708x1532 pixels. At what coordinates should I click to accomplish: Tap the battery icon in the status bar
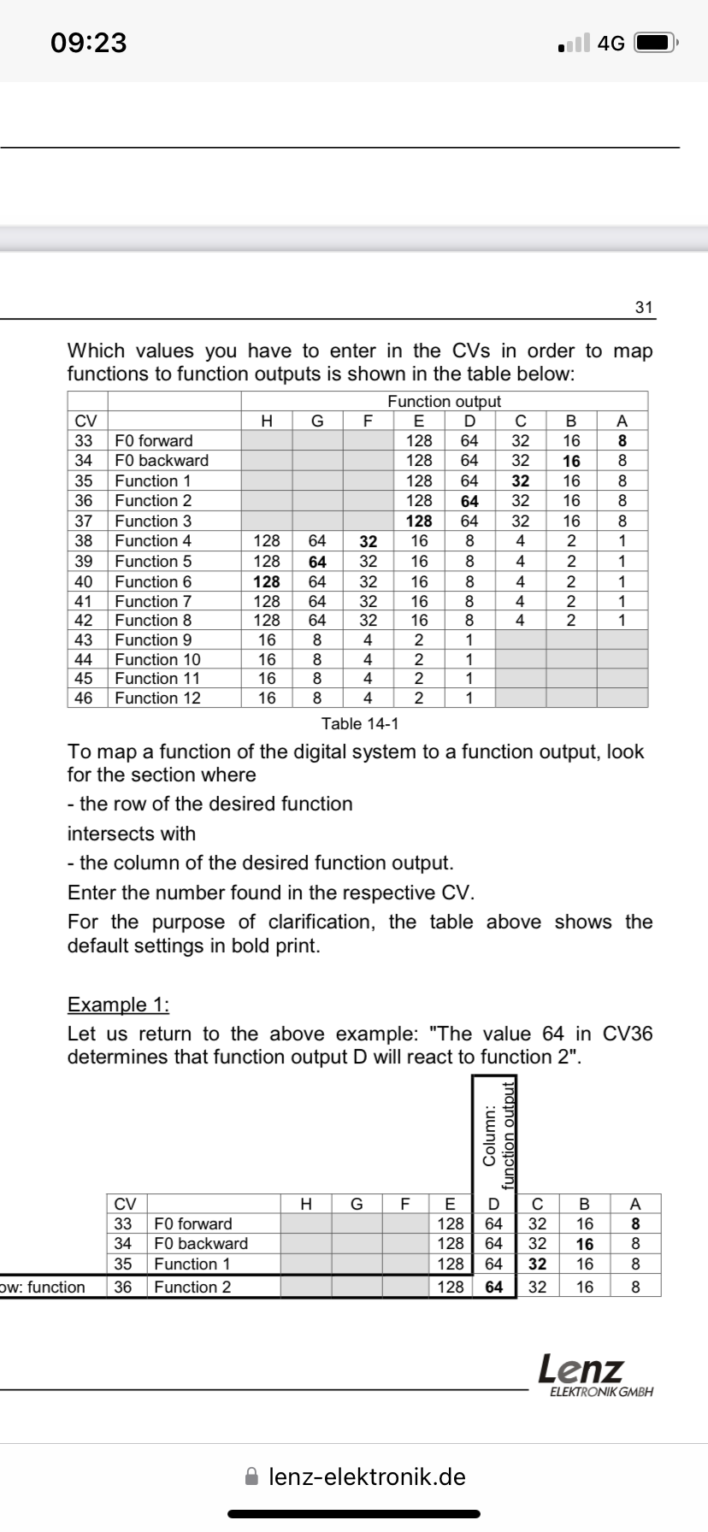coord(656,43)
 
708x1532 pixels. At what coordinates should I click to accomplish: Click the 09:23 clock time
coord(89,42)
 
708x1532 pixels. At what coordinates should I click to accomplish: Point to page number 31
coord(644,307)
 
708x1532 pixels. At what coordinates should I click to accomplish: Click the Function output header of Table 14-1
coord(444,401)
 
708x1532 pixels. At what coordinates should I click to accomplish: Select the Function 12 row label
coord(157,698)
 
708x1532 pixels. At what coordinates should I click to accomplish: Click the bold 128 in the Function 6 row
coord(267,581)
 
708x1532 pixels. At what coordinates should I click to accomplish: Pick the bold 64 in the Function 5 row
coord(317,562)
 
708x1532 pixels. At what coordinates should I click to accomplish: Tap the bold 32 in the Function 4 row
coord(368,541)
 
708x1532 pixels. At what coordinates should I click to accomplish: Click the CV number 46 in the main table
coord(84,698)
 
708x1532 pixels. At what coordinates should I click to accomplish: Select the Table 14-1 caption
coord(360,724)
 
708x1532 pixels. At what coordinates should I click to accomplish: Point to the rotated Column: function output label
coord(499,1134)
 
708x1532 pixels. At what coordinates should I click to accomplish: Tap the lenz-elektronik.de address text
coord(367,1476)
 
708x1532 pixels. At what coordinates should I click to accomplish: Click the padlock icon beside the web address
coord(251,1476)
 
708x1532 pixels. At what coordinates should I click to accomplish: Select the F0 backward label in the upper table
coord(162,461)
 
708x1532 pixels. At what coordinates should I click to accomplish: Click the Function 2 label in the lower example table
coord(192,1287)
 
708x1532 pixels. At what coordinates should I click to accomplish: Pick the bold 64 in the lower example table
coord(494,1287)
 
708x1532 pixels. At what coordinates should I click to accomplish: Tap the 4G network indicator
coord(611,43)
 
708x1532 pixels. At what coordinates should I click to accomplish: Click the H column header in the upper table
coord(267,421)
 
